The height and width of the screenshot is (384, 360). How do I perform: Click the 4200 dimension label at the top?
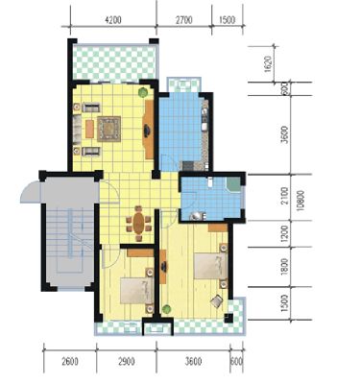point(113,20)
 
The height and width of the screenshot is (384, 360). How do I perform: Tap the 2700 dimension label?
point(184,20)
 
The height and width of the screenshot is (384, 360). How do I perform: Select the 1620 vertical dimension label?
point(268,64)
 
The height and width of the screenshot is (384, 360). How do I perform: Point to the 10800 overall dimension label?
point(300,201)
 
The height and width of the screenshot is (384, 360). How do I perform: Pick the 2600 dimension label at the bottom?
point(70,362)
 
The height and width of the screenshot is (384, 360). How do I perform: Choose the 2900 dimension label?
point(127,362)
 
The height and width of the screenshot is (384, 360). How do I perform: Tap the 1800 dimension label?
point(284,266)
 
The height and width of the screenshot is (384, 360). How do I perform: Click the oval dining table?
point(138,223)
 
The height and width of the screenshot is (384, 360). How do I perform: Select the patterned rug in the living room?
point(109,129)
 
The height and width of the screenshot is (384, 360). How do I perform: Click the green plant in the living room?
point(143,92)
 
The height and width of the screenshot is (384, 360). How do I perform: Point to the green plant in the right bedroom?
point(166,309)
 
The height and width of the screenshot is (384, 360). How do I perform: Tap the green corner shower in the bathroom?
point(234,184)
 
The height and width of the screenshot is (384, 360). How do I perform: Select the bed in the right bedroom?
point(211,266)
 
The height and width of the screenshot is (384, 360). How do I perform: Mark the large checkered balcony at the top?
point(114,62)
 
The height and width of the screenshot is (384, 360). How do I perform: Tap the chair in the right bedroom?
point(217,301)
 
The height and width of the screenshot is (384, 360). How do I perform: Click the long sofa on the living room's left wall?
point(77,129)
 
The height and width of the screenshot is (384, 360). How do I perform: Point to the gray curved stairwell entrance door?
point(31,192)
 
